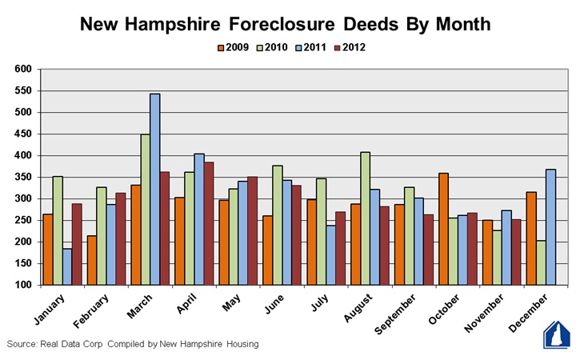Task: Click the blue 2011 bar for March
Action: tap(154, 189)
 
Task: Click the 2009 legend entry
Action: tap(231, 48)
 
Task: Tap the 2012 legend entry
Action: tap(349, 48)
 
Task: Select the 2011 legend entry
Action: tap(310, 48)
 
